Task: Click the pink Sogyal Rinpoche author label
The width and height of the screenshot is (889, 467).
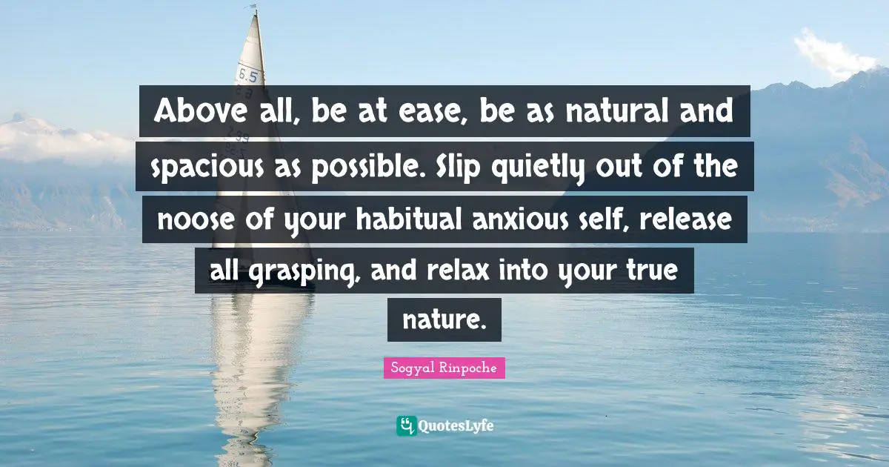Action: (x=444, y=368)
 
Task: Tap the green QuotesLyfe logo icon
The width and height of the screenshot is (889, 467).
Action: (x=406, y=425)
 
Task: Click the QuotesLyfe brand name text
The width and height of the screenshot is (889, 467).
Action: (x=457, y=426)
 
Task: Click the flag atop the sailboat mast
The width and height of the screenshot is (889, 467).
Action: (x=255, y=9)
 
